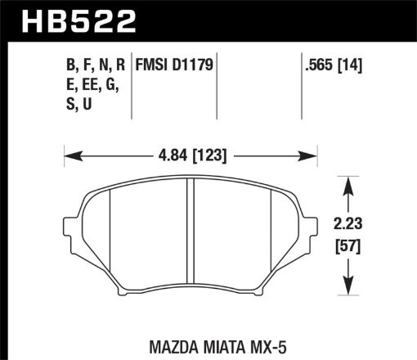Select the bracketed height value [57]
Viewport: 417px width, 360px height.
coord(352,245)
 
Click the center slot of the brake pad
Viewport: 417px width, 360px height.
coord(191,233)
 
